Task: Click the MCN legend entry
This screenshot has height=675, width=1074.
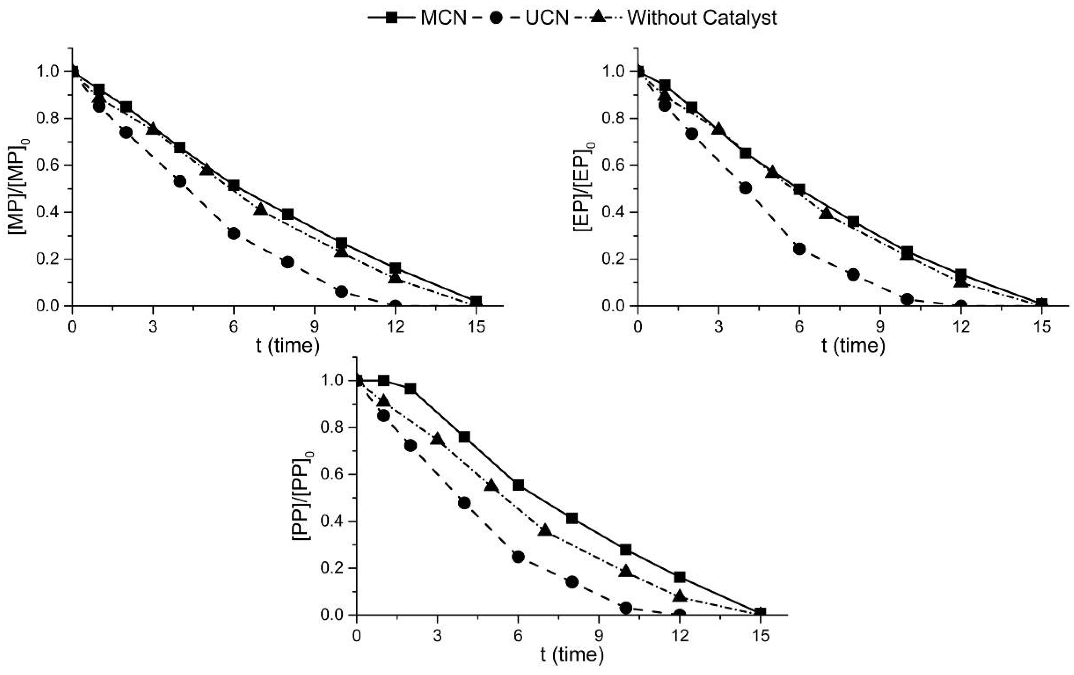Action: [417, 18]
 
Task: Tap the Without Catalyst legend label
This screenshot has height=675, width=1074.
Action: [682, 18]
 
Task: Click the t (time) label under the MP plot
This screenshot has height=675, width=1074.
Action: [288, 345]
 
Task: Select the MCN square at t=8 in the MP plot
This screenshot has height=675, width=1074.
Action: [288, 214]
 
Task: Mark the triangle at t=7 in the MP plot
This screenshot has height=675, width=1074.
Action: [260, 210]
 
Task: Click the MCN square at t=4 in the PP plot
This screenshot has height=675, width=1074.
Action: [464, 437]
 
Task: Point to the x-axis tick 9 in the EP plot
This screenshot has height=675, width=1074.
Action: [880, 327]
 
